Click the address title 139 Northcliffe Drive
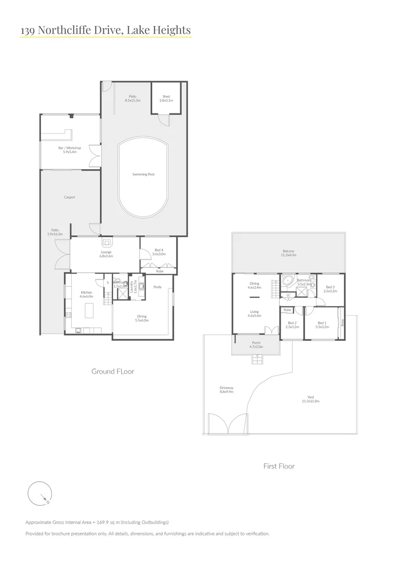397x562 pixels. [105, 31]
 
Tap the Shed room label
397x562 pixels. [166, 98]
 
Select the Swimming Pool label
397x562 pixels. [144, 174]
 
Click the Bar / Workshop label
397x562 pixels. [70, 150]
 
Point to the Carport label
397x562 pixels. [70, 197]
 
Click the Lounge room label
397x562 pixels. [106, 254]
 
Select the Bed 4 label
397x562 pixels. [159, 252]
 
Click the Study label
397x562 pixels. [157, 287]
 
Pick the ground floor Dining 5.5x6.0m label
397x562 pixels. [142, 318]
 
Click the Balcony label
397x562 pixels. [288, 253]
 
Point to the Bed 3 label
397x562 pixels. [330, 289]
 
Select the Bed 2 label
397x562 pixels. [292, 324]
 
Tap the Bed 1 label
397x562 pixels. [322, 324]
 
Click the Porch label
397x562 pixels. [255, 344]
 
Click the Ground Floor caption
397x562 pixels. [113, 371]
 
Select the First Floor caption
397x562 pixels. [279, 466]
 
